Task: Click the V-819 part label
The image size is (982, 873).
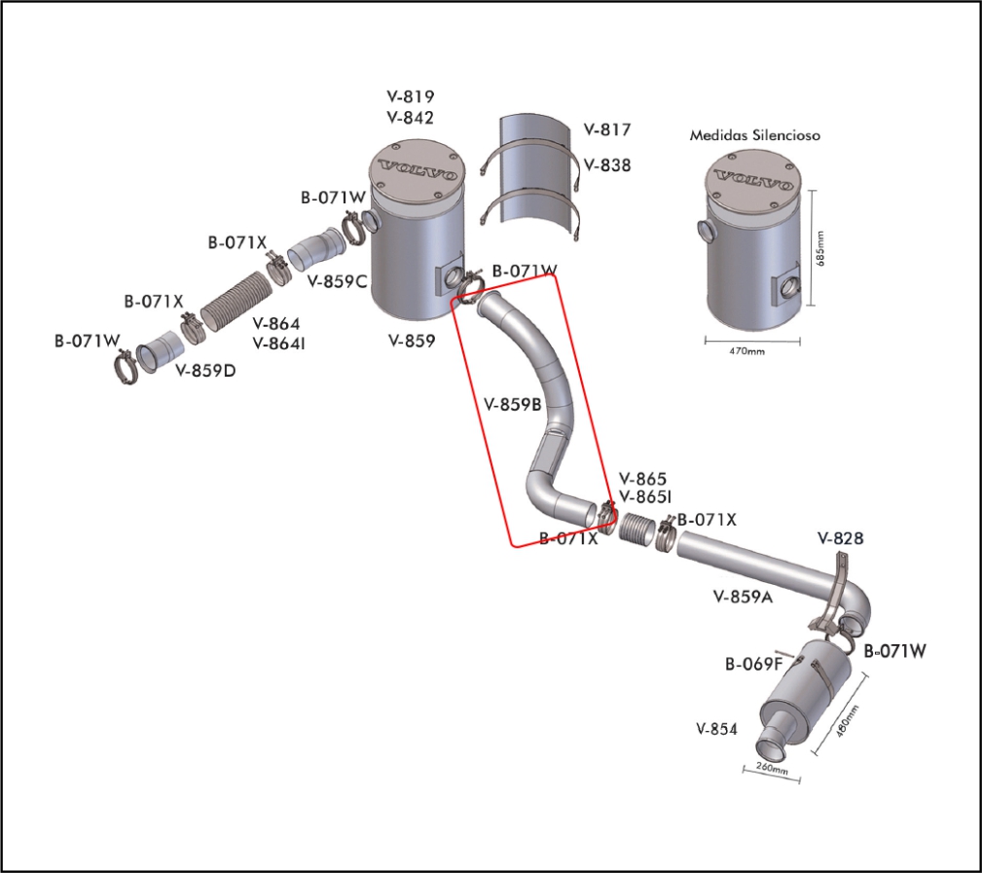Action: (410, 97)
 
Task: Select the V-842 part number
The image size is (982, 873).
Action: (410, 118)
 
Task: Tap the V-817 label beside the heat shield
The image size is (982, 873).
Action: (607, 129)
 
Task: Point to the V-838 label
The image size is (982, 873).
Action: (607, 165)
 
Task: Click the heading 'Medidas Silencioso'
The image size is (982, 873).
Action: (754, 135)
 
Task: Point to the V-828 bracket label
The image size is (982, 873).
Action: (841, 537)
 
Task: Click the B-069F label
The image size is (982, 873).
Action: (753, 665)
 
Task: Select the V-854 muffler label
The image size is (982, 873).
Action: (717, 728)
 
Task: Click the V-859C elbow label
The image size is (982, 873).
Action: (337, 282)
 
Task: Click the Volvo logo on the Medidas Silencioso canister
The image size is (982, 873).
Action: (753, 179)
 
